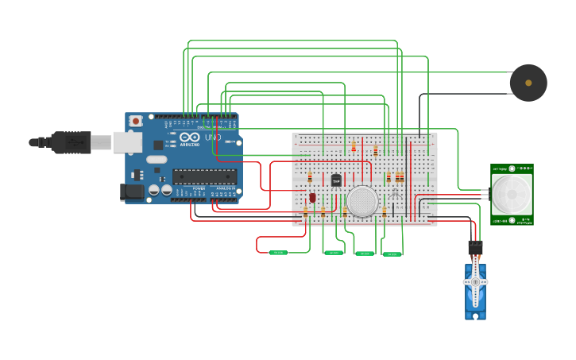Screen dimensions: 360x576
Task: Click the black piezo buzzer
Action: tap(528, 83)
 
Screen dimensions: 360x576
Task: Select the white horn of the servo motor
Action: tap(475, 281)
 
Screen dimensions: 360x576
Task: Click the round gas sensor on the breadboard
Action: tap(362, 201)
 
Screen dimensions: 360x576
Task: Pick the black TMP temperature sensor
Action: tap(336, 180)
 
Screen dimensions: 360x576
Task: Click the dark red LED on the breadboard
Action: tap(312, 197)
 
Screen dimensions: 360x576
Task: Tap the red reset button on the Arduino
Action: tap(136, 121)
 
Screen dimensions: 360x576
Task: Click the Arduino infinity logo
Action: tap(189, 137)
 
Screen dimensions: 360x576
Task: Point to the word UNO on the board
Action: tap(212, 137)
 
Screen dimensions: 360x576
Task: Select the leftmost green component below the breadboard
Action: tap(278, 253)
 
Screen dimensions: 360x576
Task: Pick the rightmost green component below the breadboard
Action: tap(392, 254)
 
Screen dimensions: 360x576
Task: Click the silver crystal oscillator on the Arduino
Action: tap(157, 159)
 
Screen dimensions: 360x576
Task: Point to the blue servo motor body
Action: tap(475, 294)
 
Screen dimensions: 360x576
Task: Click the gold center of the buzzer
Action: tap(528, 83)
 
